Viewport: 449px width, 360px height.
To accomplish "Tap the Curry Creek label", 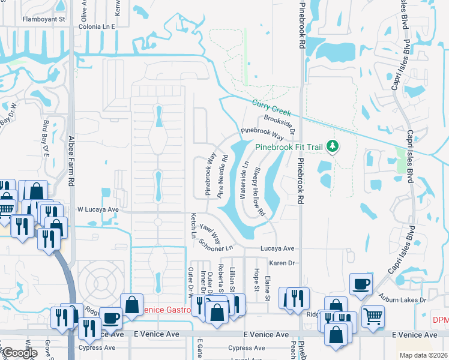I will [x=272, y=107].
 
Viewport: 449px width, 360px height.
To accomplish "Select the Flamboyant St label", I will [x=43, y=19].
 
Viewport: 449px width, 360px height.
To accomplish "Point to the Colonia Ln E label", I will [x=97, y=27].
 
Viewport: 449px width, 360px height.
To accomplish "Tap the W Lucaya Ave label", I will [x=98, y=209].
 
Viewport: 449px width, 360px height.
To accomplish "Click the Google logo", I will [x=19, y=353].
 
